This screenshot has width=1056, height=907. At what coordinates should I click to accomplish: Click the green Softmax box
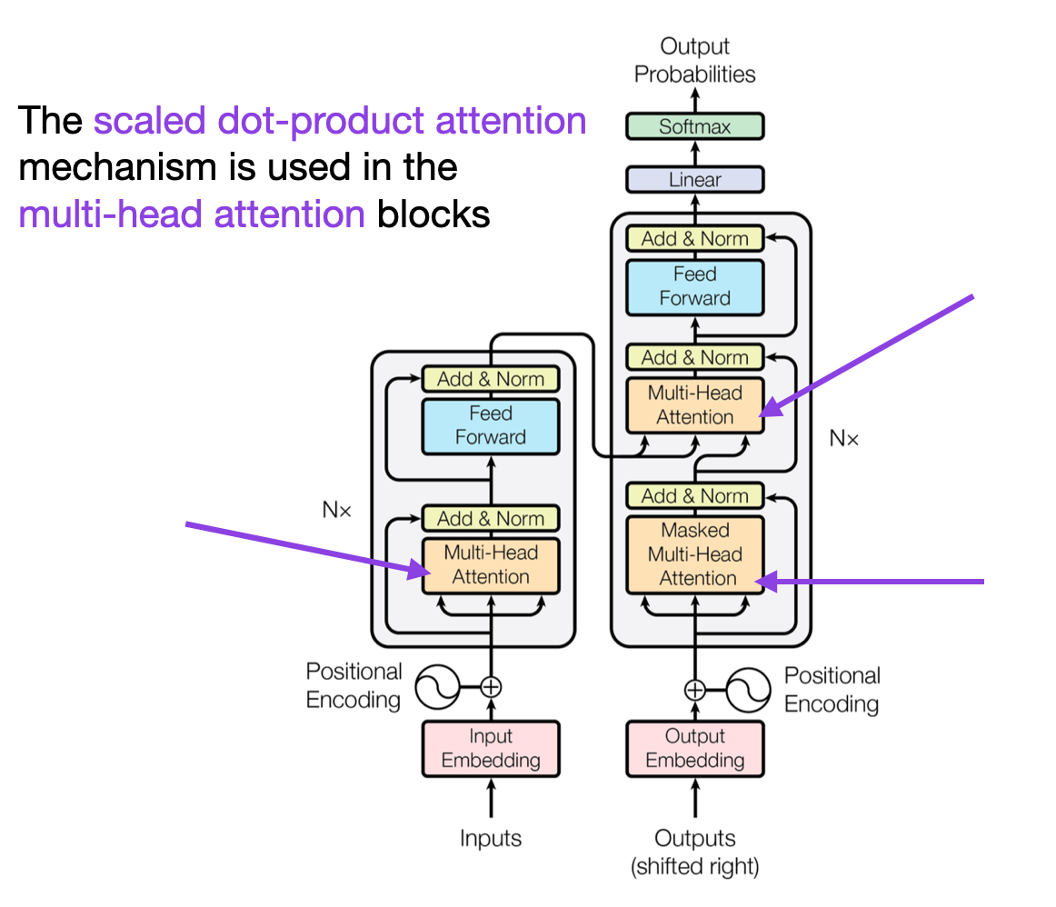tap(694, 126)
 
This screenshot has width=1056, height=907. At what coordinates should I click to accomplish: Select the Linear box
tap(694, 180)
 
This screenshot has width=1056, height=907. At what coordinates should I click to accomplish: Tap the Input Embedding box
tap(491, 749)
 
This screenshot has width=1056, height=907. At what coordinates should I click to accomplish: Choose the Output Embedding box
tap(694, 749)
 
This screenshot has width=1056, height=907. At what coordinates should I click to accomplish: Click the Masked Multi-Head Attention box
tap(694, 554)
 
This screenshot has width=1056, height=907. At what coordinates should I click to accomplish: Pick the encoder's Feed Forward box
tap(491, 426)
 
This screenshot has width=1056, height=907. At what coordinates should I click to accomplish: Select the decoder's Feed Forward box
tap(694, 287)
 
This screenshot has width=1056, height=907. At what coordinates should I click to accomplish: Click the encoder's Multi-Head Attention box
tap(491, 565)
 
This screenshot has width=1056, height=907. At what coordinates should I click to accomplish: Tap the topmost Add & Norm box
tap(694, 238)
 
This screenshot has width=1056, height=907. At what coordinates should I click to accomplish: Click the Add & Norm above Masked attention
tap(694, 495)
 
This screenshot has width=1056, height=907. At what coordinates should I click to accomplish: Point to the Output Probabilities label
tap(694, 60)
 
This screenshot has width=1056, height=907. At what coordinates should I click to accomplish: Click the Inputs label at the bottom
tap(491, 838)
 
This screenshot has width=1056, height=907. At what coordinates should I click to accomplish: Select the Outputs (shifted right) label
tap(694, 852)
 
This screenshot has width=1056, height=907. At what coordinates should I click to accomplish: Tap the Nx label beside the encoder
tap(337, 510)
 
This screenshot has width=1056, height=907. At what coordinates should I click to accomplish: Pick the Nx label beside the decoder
tap(844, 438)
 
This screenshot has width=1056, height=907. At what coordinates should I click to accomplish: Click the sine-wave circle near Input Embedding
tap(437, 687)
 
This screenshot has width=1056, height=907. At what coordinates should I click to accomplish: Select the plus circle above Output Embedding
tap(694, 690)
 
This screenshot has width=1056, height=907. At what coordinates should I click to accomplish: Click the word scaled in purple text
tap(150, 121)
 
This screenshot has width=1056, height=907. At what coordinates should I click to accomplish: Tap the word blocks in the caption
tap(433, 214)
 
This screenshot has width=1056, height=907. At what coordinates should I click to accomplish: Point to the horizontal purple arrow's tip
tap(756, 581)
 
